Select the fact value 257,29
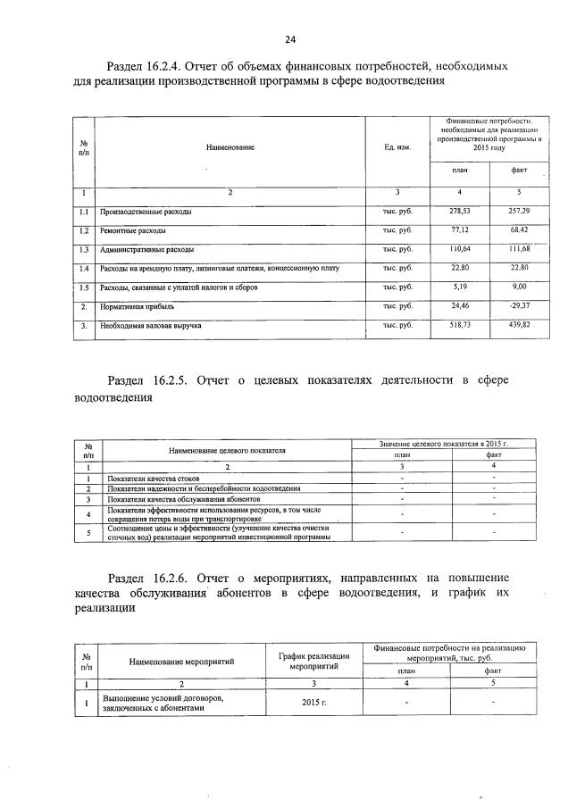pyautogui.click(x=519, y=212)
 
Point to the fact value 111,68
pyautogui.click(x=519, y=249)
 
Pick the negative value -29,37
pyautogui.click(x=519, y=306)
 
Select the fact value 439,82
pyautogui.click(x=519, y=326)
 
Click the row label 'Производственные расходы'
pyautogui.click(x=146, y=212)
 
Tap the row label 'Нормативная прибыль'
pyautogui.click(x=138, y=307)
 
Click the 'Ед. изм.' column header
pyautogui.click(x=397, y=146)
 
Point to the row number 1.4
pyautogui.click(x=82, y=269)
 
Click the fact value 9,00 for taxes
pyautogui.click(x=519, y=287)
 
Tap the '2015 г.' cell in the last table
pyautogui.click(x=313, y=703)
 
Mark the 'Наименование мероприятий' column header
pyautogui.click(x=181, y=662)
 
